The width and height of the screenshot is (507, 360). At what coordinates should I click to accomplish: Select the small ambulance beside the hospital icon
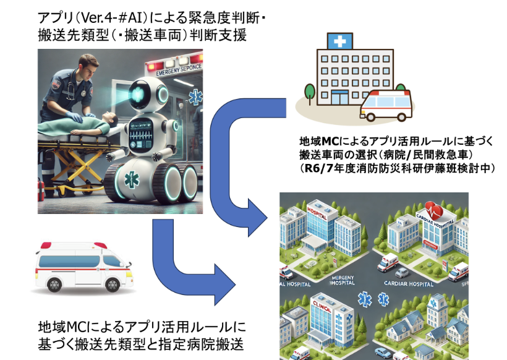(385, 106)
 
